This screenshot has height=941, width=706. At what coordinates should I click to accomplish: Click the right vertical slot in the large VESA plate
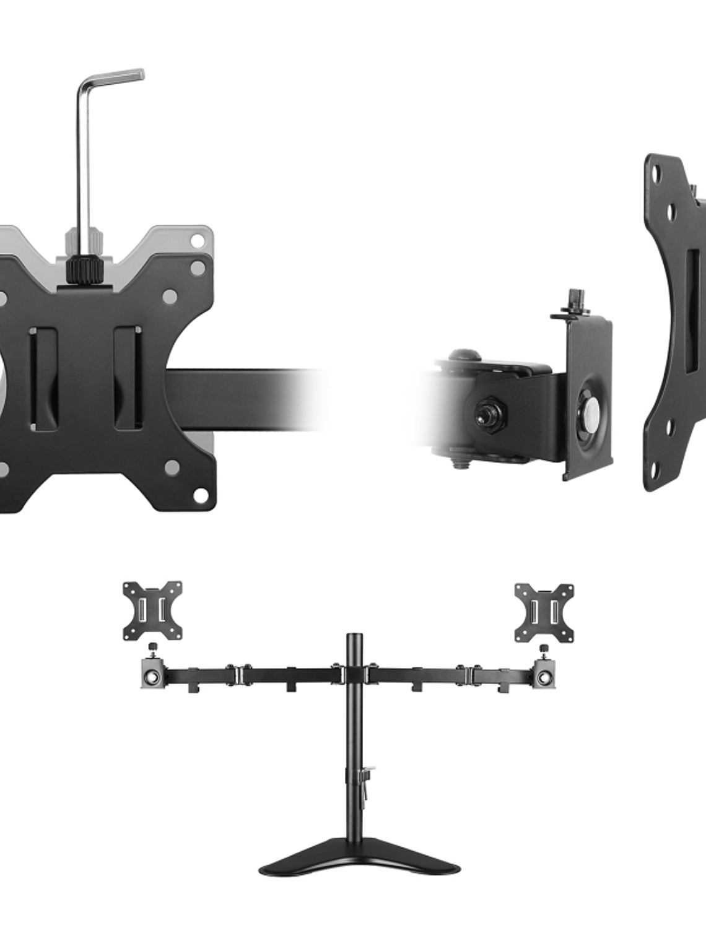click(128, 378)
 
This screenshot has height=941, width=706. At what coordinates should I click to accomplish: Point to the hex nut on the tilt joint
click(482, 412)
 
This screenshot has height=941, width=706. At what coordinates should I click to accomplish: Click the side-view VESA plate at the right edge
click(672, 322)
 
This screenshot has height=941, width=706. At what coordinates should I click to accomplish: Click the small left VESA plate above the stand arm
click(152, 610)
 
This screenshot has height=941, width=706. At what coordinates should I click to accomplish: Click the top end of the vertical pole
click(355, 638)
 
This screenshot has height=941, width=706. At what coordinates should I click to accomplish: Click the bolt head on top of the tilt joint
click(463, 356)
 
